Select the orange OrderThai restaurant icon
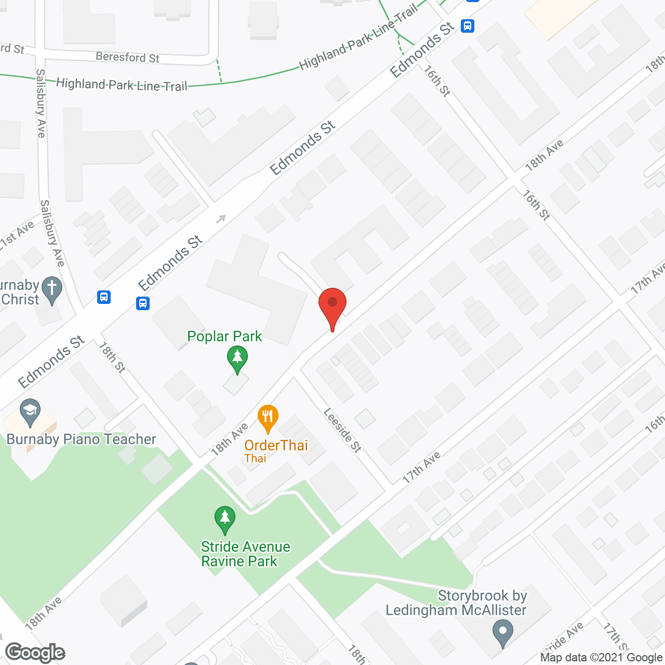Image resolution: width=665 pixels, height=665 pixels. click(268, 417)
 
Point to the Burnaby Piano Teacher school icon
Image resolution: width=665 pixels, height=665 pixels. click(31, 411)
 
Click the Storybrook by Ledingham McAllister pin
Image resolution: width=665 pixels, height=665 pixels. click(502, 633)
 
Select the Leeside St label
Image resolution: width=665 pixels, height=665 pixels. click(342, 430)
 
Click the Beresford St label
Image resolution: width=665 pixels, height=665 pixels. click(127, 57)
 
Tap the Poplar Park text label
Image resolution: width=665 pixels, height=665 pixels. click(224, 337)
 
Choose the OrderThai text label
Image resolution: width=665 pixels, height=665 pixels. click(276, 445)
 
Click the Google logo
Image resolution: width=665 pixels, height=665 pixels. click(35, 653)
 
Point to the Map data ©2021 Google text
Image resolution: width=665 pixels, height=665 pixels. click(601, 658)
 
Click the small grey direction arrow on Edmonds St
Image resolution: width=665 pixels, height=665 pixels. click(221, 219)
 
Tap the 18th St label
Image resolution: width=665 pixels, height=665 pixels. click(112, 357)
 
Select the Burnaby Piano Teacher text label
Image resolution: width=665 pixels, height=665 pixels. click(81, 440)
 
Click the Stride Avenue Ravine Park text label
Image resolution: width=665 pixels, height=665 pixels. click(245, 554)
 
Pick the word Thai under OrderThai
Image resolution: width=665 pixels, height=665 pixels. click(255, 458)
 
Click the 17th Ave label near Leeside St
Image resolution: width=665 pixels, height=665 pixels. click(422, 467)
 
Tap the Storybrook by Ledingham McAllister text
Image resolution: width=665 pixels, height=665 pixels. click(456, 603)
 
